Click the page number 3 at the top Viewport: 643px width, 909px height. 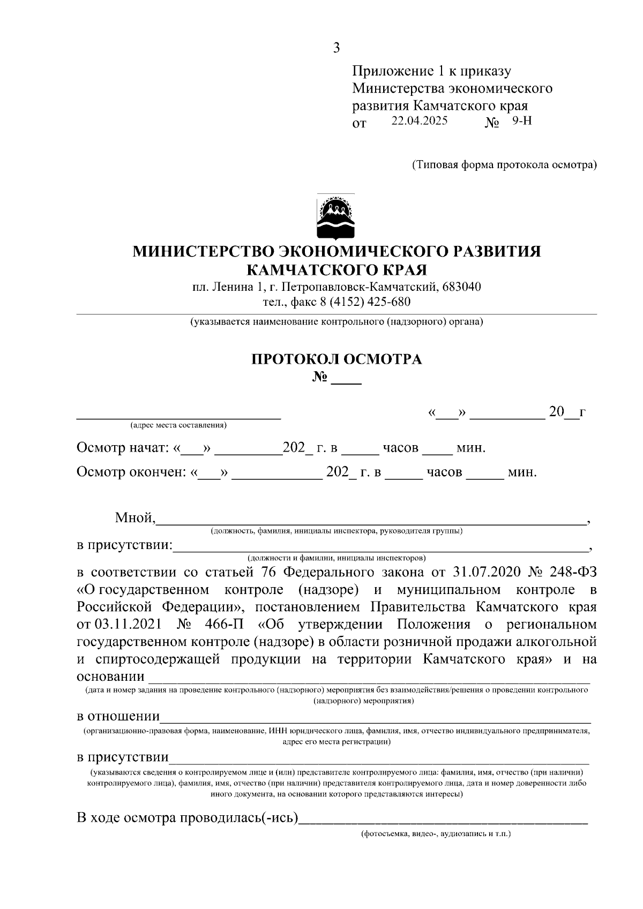pyautogui.click(x=336, y=48)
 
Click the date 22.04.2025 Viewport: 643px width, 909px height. pyautogui.click(x=419, y=121)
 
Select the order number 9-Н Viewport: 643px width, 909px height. pyautogui.click(x=522, y=121)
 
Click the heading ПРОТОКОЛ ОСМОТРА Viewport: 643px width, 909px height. pyautogui.click(x=337, y=359)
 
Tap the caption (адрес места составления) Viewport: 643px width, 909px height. pyautogui.click(x=178, y=426)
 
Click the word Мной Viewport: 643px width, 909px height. pyautogui.click(x=134, y=518)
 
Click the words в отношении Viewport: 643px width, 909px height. pyautogui.click(x=118, y=717)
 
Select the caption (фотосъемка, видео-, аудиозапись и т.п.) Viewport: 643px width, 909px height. pyautogui.click(x=436, y=835)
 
